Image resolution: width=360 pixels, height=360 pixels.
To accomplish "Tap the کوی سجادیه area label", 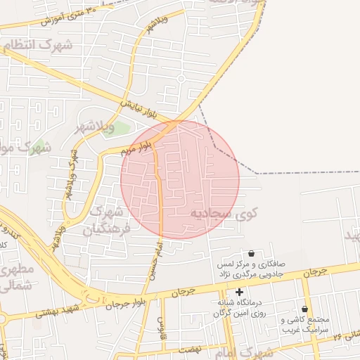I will click(x=224, y=212).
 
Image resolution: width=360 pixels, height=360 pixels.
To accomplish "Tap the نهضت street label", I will click(x=190, y=349).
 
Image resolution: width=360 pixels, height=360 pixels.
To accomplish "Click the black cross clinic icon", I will click(x=240, y=291).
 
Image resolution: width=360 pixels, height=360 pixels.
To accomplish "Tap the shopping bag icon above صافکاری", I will click(x=251, y=253).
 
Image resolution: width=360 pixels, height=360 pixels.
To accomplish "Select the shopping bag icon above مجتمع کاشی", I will click(x=304, y=309).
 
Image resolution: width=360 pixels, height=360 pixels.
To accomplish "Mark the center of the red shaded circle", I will click(x=180, y=179).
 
